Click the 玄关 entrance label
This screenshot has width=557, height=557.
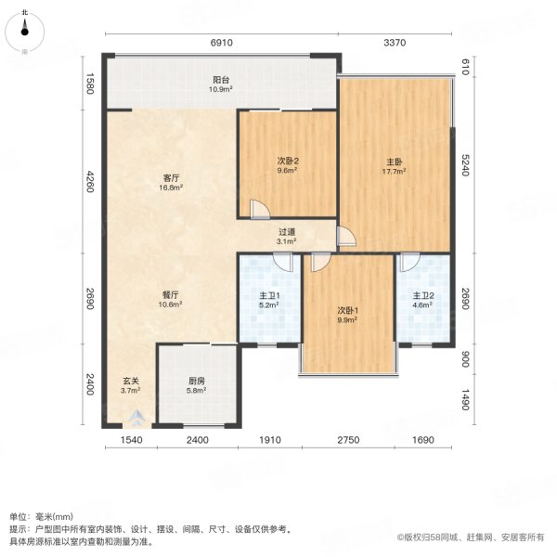130,384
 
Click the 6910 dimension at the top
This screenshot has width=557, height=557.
220,42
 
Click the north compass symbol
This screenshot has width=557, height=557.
25,32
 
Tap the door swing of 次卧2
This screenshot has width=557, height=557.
257,208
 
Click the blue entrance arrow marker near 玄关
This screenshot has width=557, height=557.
137,416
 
